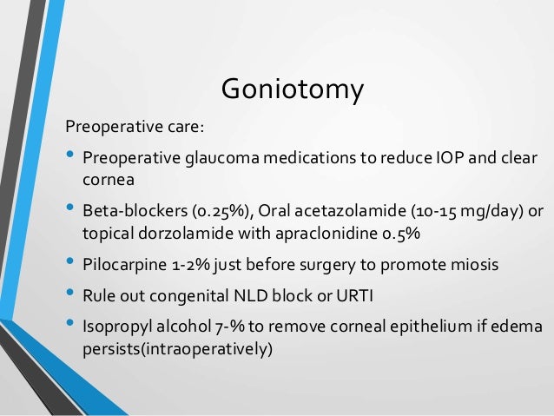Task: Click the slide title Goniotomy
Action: [x=292, y=90]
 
